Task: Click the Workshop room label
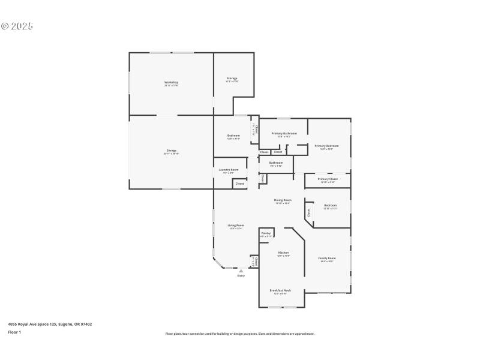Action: (172, 82)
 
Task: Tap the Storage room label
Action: (232, 79)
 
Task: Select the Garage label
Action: (172, 151)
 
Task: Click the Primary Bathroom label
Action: (284, 133)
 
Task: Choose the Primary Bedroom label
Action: (326, 146)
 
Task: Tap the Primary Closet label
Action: (328, 179)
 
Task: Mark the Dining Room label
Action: (283, 200)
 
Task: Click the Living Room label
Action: (236, 226)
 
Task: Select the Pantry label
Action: (266, 233)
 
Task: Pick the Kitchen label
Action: (284, 254)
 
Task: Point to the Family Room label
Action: (327, 259)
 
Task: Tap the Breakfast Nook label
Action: (280, 290)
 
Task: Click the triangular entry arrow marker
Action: (241, 271)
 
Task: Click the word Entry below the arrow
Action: (241, 275)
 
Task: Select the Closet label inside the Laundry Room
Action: (239, 184)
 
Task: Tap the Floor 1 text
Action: (14, 332)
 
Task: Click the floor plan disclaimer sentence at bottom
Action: (240, 334)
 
